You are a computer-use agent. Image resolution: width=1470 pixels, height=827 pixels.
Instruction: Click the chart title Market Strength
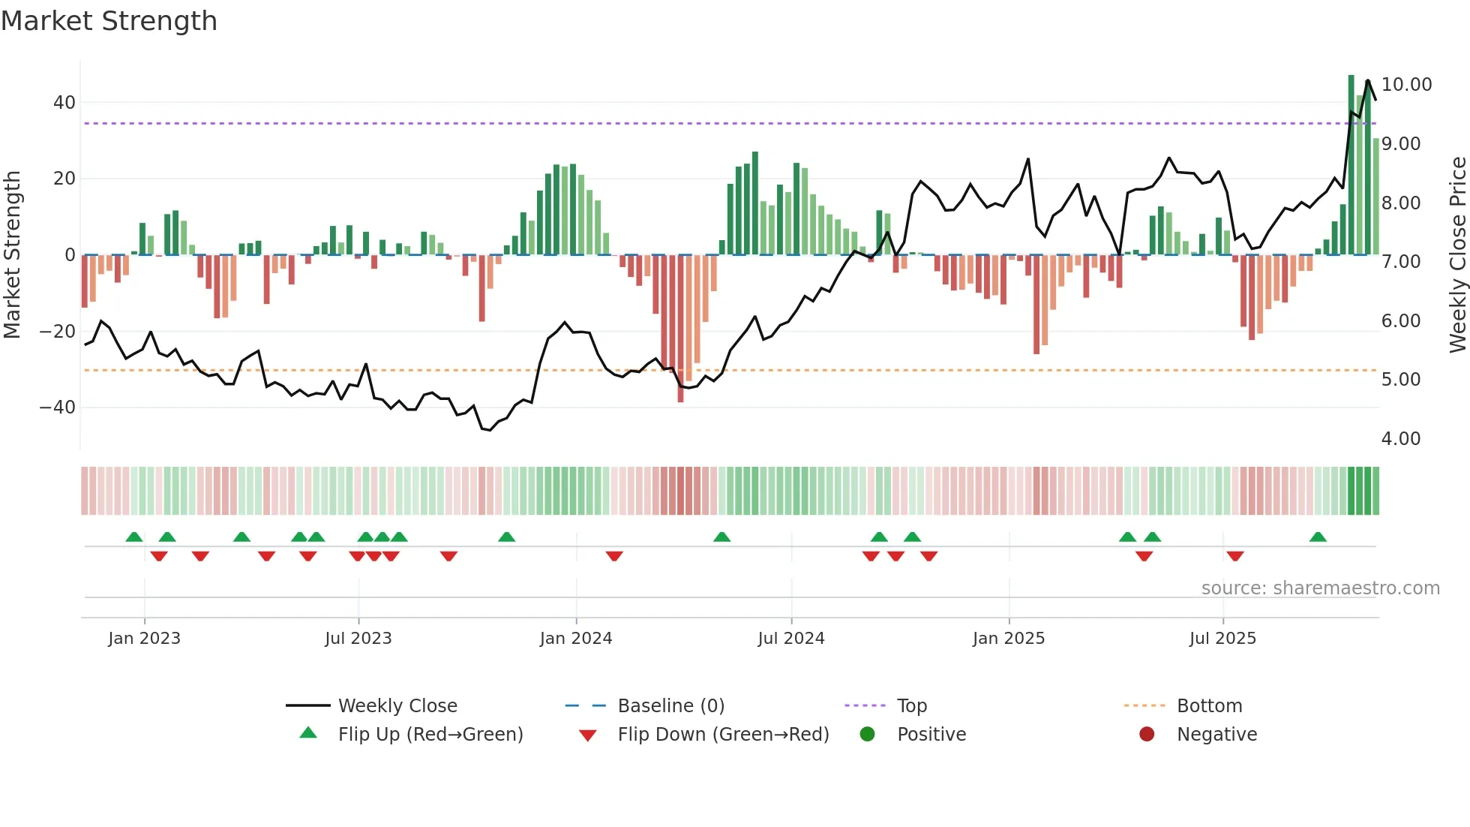109,21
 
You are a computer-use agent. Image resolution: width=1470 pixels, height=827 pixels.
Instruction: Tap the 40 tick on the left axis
64,103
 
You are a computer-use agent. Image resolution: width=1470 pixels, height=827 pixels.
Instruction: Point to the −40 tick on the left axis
58,407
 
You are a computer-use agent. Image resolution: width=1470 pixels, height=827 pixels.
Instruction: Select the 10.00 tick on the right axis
1406,85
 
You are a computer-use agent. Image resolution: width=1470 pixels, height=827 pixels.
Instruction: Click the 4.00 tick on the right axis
1400,439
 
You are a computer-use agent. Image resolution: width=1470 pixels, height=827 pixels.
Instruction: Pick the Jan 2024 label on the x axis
575,639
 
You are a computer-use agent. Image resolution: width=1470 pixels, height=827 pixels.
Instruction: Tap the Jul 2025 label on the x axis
1222,639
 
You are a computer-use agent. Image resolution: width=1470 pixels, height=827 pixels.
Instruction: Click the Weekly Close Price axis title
1457,255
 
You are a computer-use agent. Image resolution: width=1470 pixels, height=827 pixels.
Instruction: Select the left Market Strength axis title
12,255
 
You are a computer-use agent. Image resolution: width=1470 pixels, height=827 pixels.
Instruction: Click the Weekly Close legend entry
397,706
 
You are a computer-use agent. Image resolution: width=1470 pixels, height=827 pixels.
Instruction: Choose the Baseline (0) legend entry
670,706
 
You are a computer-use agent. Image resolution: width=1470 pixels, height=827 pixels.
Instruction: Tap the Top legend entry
911,706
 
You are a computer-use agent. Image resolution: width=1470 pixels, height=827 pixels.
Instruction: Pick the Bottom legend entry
1209,706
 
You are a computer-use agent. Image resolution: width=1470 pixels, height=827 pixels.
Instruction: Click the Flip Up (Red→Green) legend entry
430,735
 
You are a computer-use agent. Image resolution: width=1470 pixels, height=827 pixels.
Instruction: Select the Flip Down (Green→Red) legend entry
723,735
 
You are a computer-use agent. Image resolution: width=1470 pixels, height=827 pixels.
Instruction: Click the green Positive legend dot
868,735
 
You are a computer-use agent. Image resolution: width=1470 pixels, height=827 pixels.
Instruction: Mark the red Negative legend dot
1147,735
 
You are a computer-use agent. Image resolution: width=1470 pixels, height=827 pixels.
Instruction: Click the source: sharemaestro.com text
1320,588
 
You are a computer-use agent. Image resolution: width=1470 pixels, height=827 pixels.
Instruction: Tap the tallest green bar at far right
1351,165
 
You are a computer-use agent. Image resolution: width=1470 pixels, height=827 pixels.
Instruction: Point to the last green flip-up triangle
1318,537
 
